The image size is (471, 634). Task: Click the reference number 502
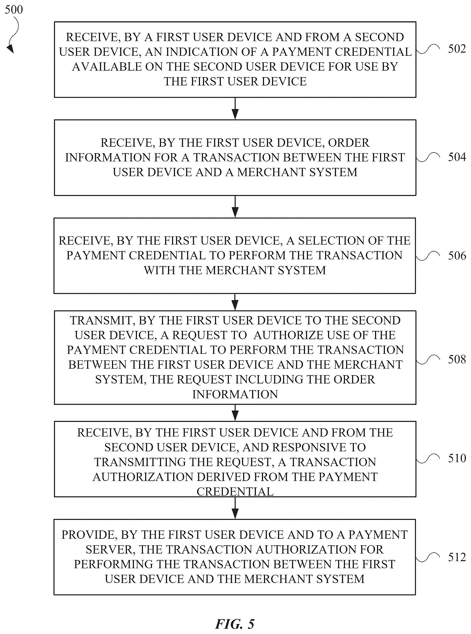[x=457, y=49]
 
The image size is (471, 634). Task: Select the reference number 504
[x=457, y=157]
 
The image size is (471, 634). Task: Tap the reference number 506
[x=457, y=256]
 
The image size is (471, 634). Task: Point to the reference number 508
[x=457, y=359]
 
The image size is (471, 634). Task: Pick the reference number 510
[x=457, y=458]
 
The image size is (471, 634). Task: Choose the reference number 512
[x=457, y=557]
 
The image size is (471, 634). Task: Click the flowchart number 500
[x=14, y=10]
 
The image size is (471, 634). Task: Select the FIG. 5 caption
[x=235, y=624]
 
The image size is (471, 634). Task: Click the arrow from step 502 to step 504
[x=235, y=108]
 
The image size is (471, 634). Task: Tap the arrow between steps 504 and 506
[x=235, y=207]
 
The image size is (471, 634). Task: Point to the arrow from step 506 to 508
[x=235, y=302]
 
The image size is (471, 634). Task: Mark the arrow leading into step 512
[x=235, y=508]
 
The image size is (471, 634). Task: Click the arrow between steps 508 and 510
[x=235, y=413]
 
